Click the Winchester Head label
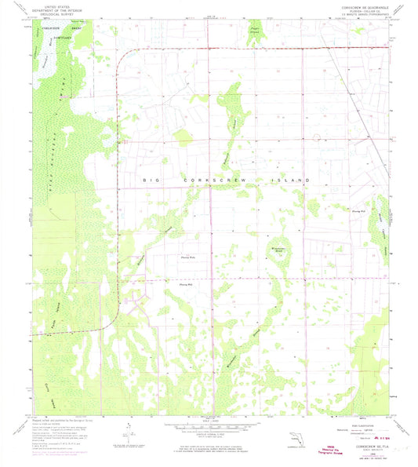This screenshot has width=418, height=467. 281,249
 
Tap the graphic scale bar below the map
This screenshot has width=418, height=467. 209,428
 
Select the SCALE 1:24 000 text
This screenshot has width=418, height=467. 209,421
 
